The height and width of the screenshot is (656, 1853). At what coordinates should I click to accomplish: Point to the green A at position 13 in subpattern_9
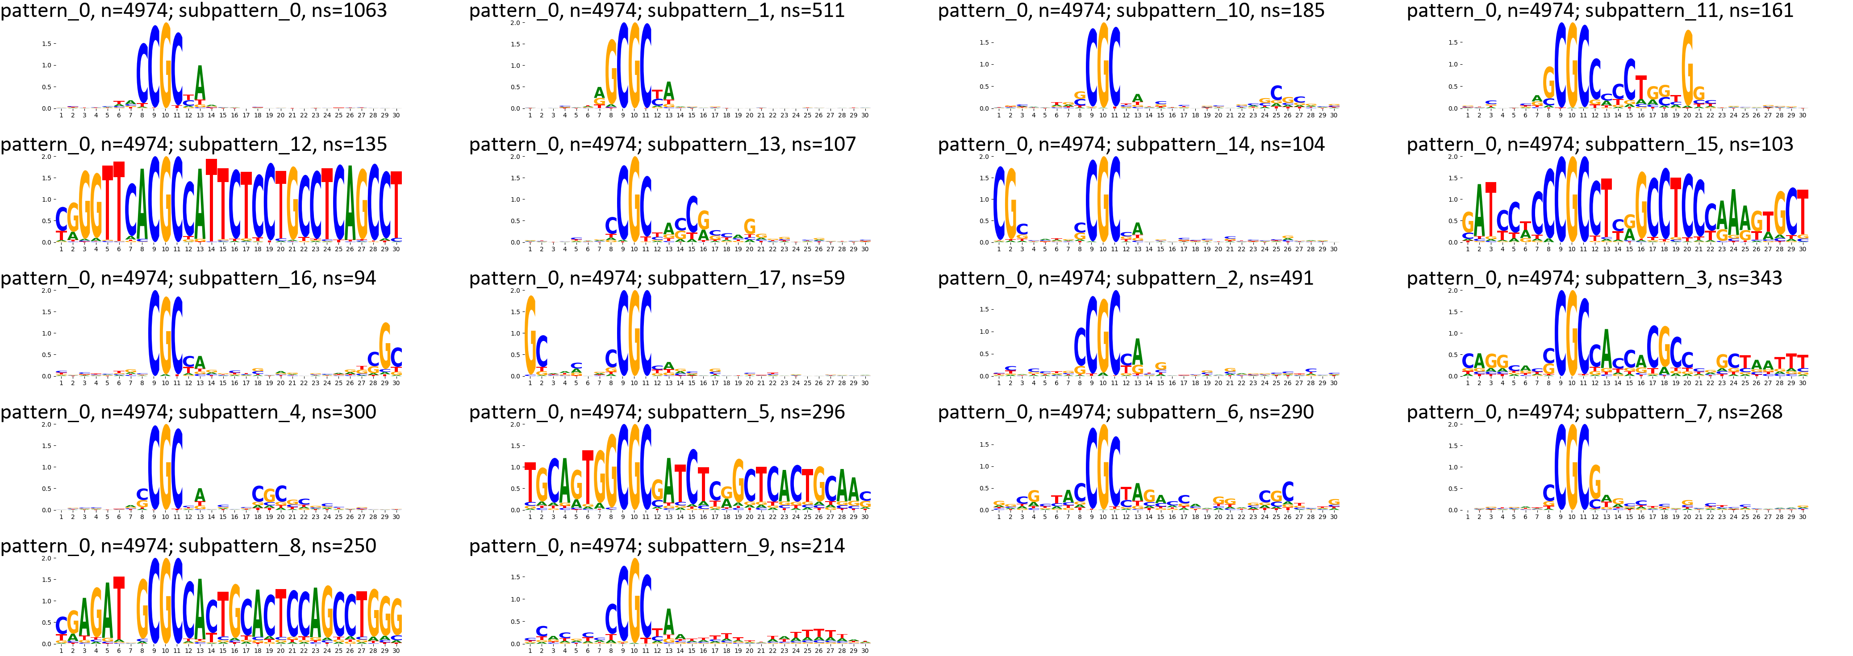tap(669, 622)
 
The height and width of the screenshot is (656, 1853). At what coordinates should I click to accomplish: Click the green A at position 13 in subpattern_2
tap(1137, 351)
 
